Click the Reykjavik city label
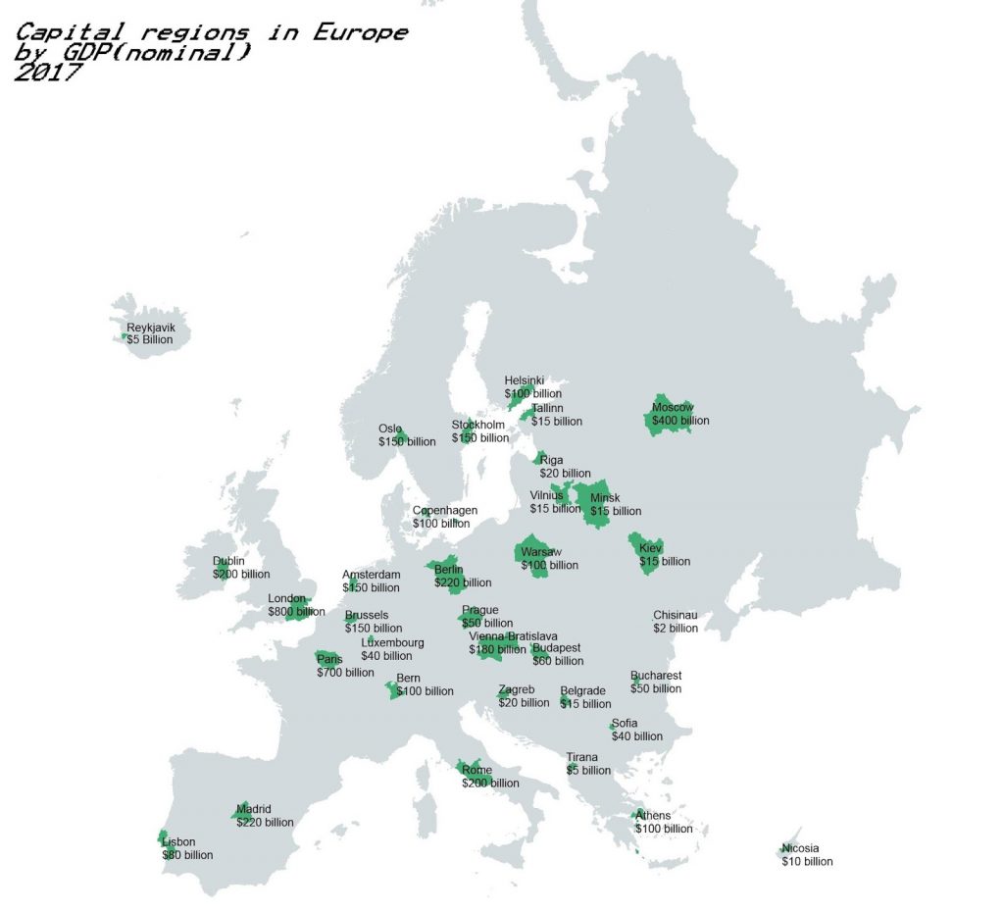151,328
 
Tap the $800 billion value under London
296,611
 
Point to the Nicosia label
800,848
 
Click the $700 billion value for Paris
345,673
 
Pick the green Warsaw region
534,555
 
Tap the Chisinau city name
676,616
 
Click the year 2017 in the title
48,73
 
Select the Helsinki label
525,380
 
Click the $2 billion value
676,628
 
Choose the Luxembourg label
392,643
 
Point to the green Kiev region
647,552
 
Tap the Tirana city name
582,757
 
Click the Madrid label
253,809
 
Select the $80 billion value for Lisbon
187,855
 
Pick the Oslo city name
390,429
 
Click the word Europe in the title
361,32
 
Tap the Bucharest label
656,676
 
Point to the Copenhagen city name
445,510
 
